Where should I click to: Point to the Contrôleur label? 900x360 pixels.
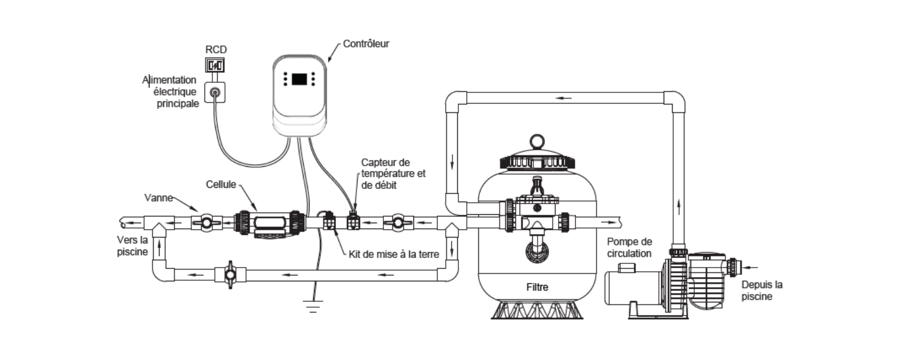(366, 44)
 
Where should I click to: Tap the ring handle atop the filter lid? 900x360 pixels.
(538, 141)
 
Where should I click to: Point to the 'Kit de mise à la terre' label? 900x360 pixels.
(394, 254)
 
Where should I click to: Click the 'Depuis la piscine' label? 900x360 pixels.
(762, 290)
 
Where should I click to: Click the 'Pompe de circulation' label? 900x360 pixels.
(629, 247)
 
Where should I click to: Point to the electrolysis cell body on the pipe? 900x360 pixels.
(270, 224)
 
